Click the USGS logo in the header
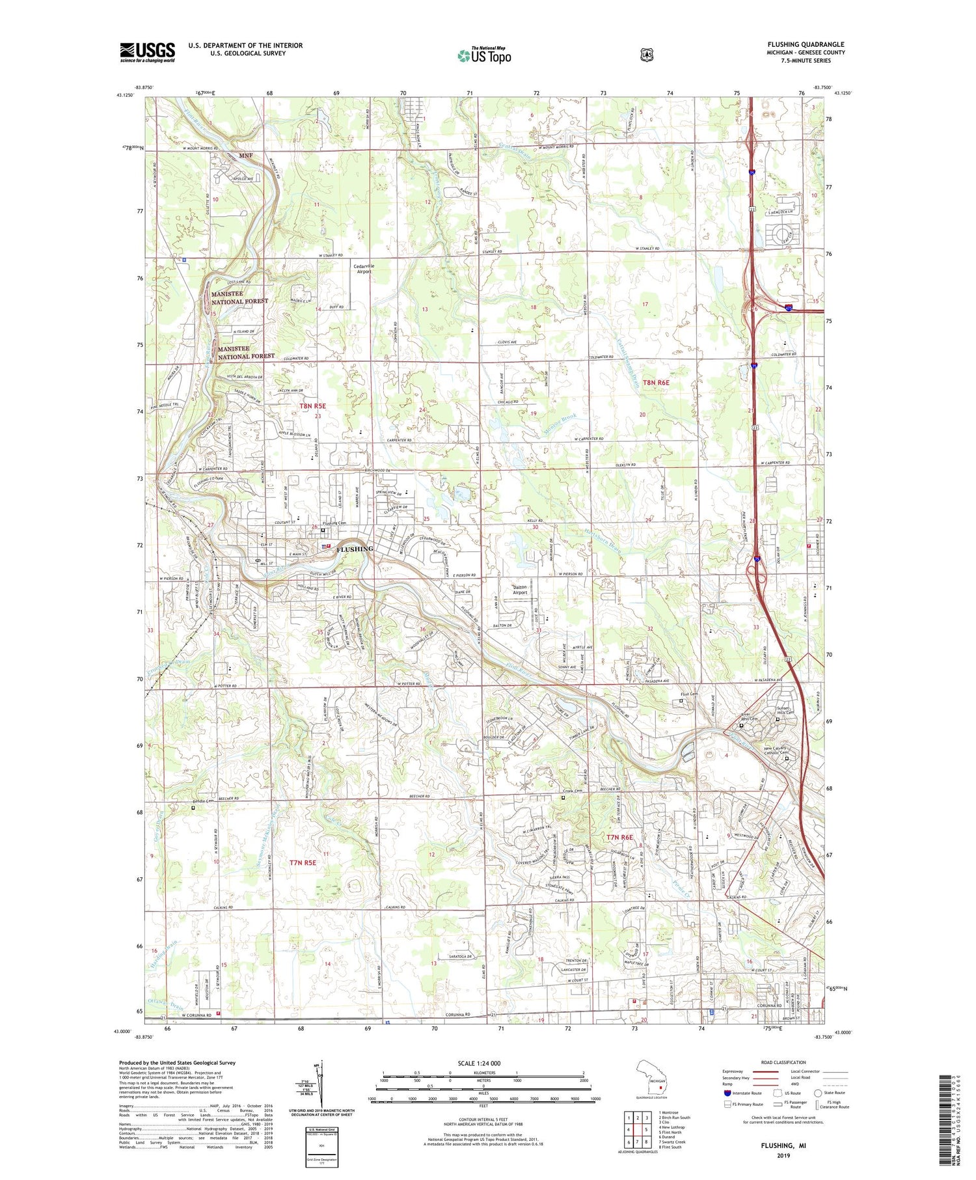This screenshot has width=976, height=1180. pyautogui.click(x=147, y=52)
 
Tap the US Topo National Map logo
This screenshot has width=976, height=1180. pyautogui.click(x=484, y=55)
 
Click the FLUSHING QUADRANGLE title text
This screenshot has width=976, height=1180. pyautogui.click(x=806, y=45)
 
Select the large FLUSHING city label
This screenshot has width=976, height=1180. pyautogui.click(x=355, y=549)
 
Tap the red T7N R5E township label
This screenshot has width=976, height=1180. pyautogui.click(x=303, y=862)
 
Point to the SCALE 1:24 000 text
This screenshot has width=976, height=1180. pyautogui.click(x=483, y=1063)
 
